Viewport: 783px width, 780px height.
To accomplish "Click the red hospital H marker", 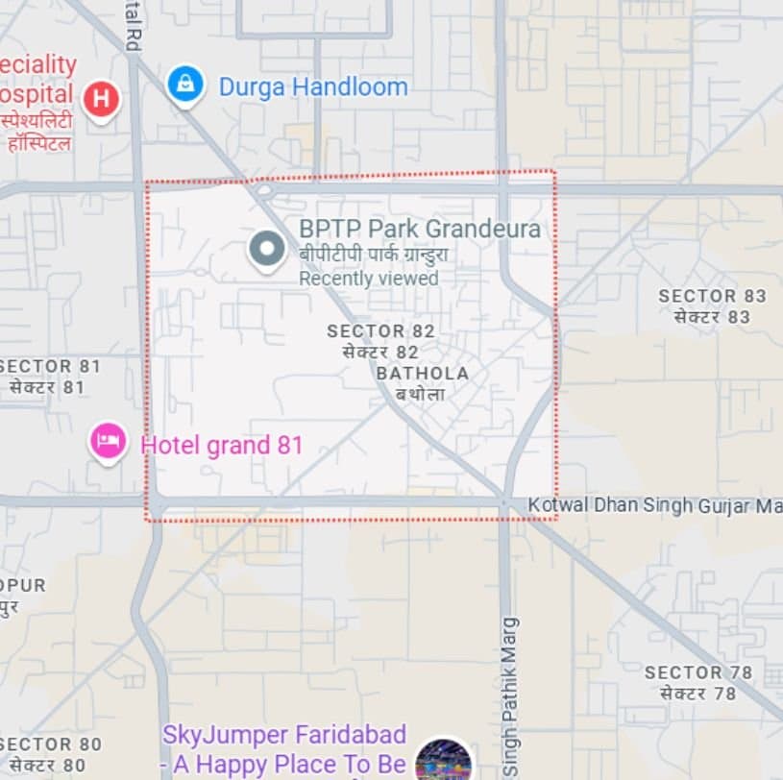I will [x=101, y=98].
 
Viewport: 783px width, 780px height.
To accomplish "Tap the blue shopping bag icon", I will [x=184, y=85].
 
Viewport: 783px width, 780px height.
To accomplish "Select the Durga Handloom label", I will [x=313, y=87].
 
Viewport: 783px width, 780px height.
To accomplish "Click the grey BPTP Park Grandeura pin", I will [x=266, y=249].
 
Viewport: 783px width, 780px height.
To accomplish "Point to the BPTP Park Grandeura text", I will [x=419, y=230].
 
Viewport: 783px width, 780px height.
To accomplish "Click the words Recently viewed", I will [x=368, y=279].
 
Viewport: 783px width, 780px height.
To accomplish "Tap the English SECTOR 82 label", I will [x=380, y=331].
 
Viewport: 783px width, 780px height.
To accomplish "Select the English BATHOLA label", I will [x=423, y=373].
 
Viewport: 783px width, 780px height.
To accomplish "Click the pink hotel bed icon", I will [x=109, y=442].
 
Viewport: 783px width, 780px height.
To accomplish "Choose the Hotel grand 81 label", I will [x=222, y=446].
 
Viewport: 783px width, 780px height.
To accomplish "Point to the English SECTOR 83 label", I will [x=712, y=296].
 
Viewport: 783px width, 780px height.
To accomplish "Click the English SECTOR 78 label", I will [x=697, y=672].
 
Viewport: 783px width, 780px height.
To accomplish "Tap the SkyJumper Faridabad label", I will [x=283, y=735].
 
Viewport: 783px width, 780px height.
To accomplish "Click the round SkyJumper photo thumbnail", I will [x=443, y=761].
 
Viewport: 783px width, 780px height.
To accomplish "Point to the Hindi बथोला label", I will [x=420, y=394].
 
